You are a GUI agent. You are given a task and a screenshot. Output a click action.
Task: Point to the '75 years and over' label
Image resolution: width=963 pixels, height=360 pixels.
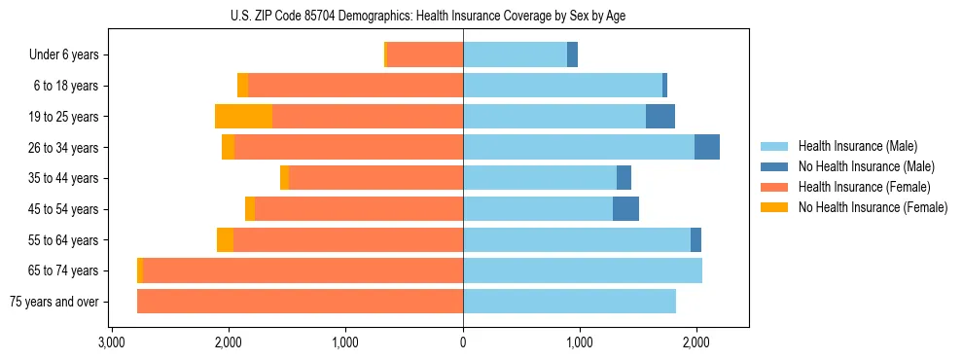click(54, 302)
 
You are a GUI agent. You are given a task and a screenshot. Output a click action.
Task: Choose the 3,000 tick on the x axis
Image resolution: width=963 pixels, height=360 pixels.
click(112, 343)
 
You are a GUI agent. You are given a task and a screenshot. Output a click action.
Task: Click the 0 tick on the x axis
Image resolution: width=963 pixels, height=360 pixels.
click(463, 343)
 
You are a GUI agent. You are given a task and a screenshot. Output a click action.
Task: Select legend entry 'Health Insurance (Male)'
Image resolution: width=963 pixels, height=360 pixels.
click(857, 146)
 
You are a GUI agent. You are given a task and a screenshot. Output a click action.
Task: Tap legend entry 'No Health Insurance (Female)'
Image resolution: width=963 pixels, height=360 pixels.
click(873, 207)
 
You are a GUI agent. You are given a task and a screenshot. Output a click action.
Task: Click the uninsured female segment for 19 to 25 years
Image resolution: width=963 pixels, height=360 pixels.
click(243, 117)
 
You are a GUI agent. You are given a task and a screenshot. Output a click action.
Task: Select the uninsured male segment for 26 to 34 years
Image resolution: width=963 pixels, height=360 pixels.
click(707, 147)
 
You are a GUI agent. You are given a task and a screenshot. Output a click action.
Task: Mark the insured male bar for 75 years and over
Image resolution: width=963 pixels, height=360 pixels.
click(569, 302)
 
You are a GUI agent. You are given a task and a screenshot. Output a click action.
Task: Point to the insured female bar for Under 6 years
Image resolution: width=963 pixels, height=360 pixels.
click(425, 55)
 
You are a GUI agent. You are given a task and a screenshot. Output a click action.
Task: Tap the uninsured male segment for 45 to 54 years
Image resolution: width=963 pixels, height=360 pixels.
click(625, 209)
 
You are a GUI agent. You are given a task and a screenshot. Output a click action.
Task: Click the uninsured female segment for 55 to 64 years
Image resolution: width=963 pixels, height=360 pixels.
click(225, 239)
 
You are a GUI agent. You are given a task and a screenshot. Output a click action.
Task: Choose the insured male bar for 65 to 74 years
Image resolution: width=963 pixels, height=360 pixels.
click(582, 270)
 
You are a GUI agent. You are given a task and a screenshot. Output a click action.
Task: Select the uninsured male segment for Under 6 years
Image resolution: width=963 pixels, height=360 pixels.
click(572, 55)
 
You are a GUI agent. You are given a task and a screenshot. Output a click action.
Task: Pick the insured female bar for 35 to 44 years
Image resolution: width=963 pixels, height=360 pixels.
click(375, 178)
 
